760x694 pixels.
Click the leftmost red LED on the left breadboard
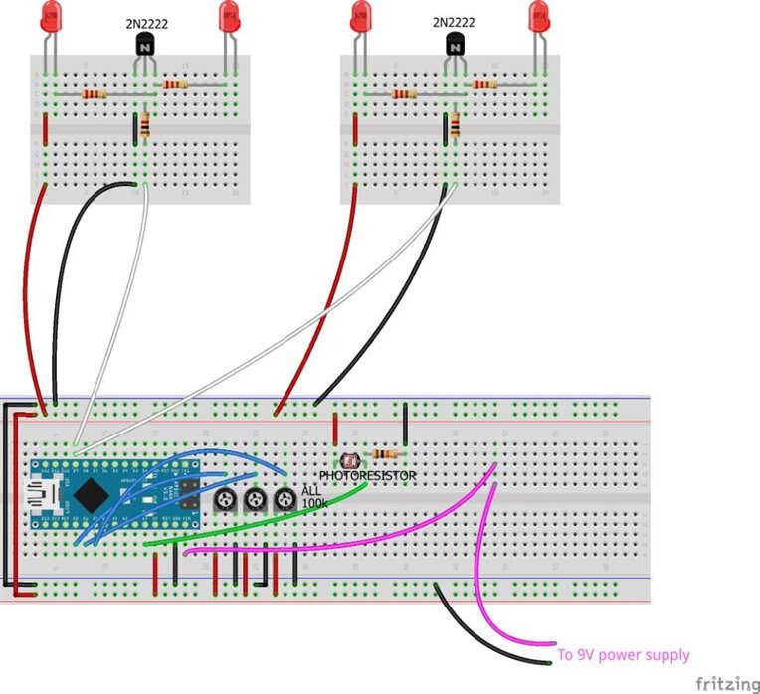pos(53,16)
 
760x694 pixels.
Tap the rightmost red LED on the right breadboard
pos(539,16)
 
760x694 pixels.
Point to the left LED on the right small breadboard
pos(361,16)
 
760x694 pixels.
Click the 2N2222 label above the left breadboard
pos(145,22)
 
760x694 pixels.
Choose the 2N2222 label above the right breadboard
pos(455,22)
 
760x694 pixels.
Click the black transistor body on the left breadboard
pos(145,44)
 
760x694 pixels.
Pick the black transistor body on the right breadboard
pos(456,44)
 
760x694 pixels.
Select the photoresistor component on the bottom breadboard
pos(349,460)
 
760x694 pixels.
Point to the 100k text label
pos(314,503)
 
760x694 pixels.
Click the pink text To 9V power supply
pos(623,655)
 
